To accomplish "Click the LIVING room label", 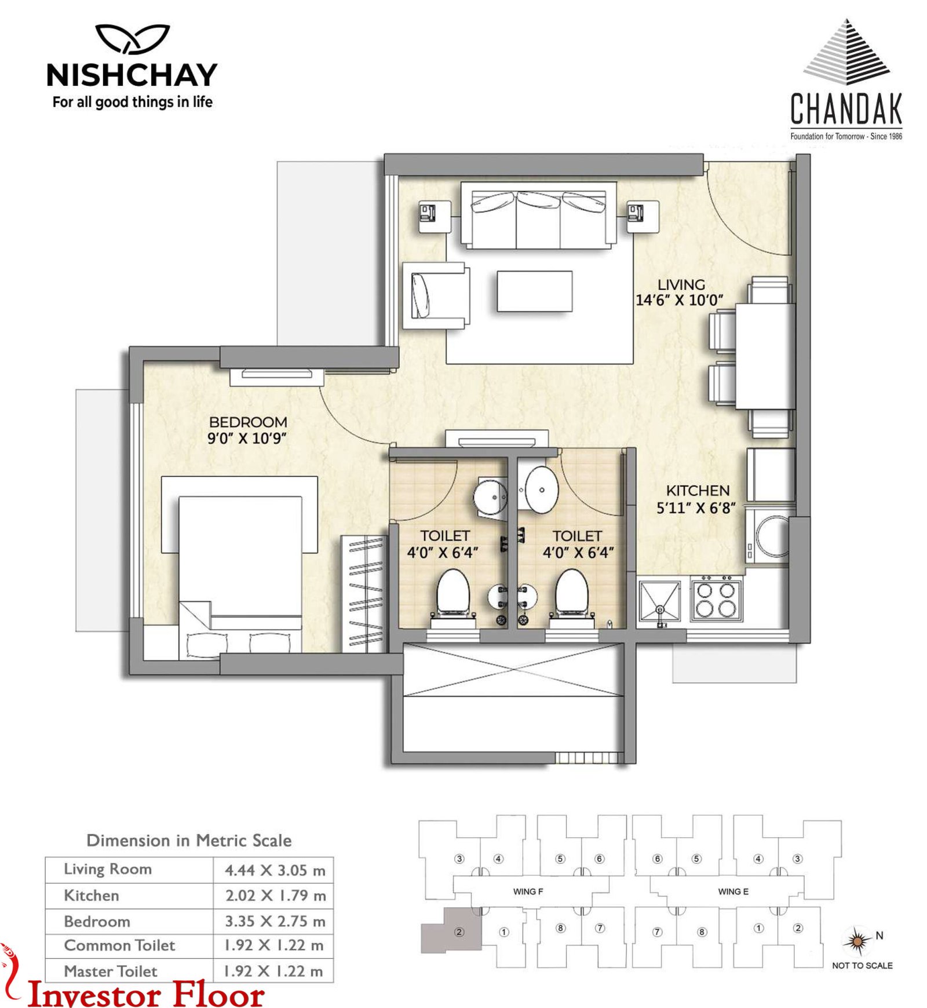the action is pyautogui.click(x=681, y=284).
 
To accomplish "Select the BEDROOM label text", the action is pyautogui.click(x=248, y=422).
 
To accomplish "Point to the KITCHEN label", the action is pyautogui.click(x=698, y=490).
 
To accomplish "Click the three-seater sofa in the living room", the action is pyautogui.click(x=538, y=216).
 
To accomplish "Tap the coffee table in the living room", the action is pyautogui.click(x=534, y=291).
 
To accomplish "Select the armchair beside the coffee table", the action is pyautogui.click(x=436, y=295).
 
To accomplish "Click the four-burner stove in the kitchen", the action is pyautogui.click(x=716, y=599).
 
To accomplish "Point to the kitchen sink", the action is pyautogui.click(x=659, y=601).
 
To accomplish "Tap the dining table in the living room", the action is pyautogui.click(x=765, y=356).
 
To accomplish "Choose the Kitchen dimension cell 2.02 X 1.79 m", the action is pyautogui.click(x=275, y=896).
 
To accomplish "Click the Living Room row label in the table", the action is pyautogui.click(x=108, y=869).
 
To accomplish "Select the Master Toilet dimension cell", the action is pyautogui.click(x=273, y=971).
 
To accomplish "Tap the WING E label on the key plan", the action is pyautogui.click(x=733, y=892).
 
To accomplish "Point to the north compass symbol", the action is pyautogui.click(x=857, y=941).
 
